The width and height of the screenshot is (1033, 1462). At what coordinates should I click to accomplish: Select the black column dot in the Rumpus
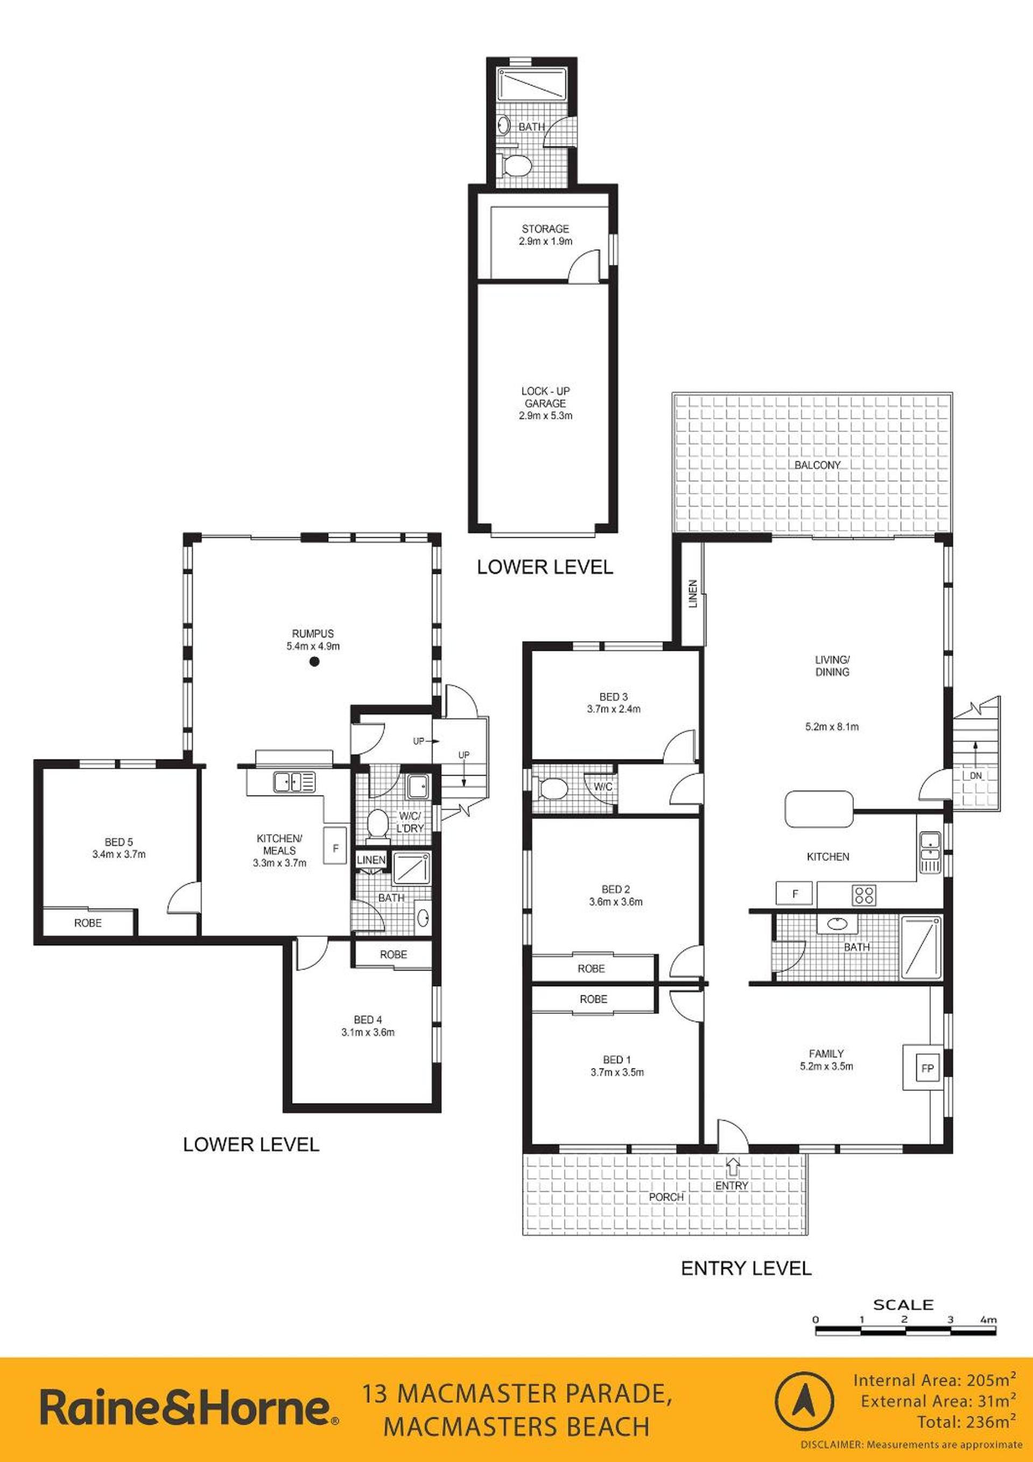point(313,662)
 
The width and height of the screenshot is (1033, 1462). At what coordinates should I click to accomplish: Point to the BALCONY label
point(817,465)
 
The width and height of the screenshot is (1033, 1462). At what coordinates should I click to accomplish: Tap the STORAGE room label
point(545,229)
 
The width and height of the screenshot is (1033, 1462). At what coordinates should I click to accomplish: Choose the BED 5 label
point(119,841)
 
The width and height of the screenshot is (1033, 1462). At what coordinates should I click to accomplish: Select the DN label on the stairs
point(976,776)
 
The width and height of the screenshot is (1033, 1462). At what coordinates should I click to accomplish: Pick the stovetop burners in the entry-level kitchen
point(864,895)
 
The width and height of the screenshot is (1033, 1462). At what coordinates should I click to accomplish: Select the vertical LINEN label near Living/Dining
point(693,593)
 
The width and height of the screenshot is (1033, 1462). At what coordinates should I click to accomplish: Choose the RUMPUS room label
point(313,634)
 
